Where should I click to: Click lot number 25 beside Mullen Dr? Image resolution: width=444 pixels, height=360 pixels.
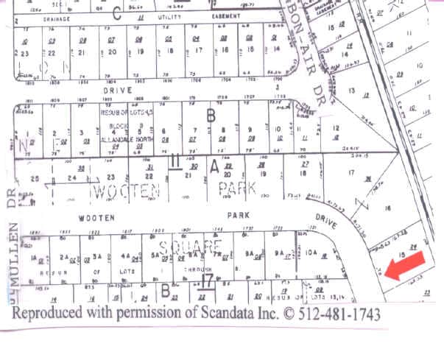pyautogui.click(x=34, y=180)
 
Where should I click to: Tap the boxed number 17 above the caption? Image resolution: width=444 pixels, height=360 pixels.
pyautogui.click(x=208, y=280)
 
